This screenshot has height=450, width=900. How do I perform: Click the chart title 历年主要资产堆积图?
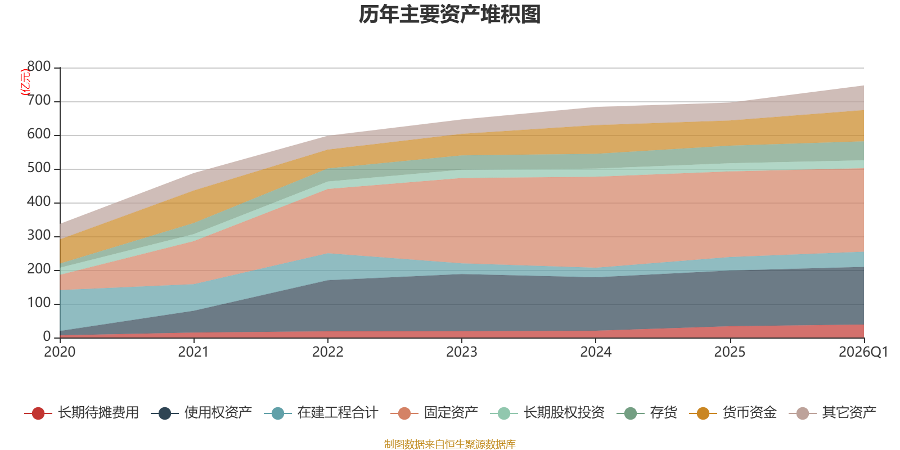(x=449, y=15)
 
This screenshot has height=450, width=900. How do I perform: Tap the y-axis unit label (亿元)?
(x=25, y=83)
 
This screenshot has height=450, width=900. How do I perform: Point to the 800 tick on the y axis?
(x=39, y=67)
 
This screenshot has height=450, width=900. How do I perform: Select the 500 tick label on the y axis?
(x=39, y=168)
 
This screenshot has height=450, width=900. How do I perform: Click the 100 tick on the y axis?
(x=39, y=303)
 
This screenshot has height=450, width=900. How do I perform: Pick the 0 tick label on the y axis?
(x=47, y=336)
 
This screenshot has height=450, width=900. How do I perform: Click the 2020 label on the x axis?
(x=60, y=352)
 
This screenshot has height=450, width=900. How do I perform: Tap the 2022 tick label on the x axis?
(x=327, y=352)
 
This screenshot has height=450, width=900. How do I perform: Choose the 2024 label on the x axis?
(x=596, y=352)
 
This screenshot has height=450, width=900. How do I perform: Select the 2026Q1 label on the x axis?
(x=863, y=352)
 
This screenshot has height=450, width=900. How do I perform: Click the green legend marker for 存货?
(x=631, y=413)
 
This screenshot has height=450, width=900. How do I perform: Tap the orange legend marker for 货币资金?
(x=703, y=413)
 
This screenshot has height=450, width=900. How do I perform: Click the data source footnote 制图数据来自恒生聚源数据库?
(x=449, y=444)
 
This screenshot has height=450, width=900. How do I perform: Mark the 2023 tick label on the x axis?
(x=462, y=352)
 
